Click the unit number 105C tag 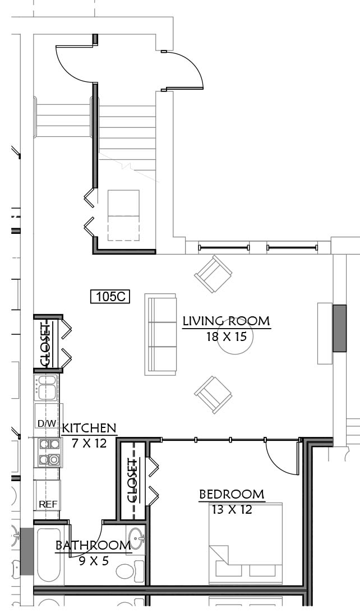point(110,296)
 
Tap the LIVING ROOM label point(227,321)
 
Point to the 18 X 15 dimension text point(227,337)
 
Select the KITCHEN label point(89,428)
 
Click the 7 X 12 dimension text point(89,443)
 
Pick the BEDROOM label point(232,494)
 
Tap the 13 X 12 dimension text point(232,509)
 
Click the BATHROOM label point(93,545)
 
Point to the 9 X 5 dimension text point(94,561)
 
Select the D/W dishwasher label point(47,423)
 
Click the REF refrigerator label point(48,504)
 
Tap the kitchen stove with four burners point(50,452)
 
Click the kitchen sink point(47,388)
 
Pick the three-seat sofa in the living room point(160,335)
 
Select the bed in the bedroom point(246,544)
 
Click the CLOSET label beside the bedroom point(133,481)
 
